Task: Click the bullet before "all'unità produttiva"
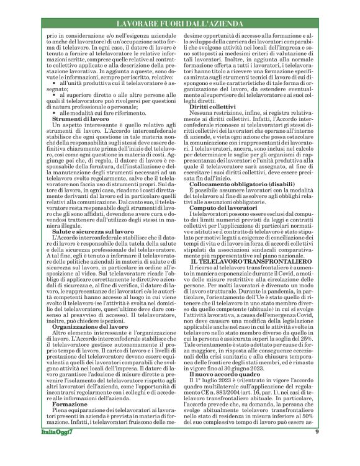[x=55, y=99]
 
